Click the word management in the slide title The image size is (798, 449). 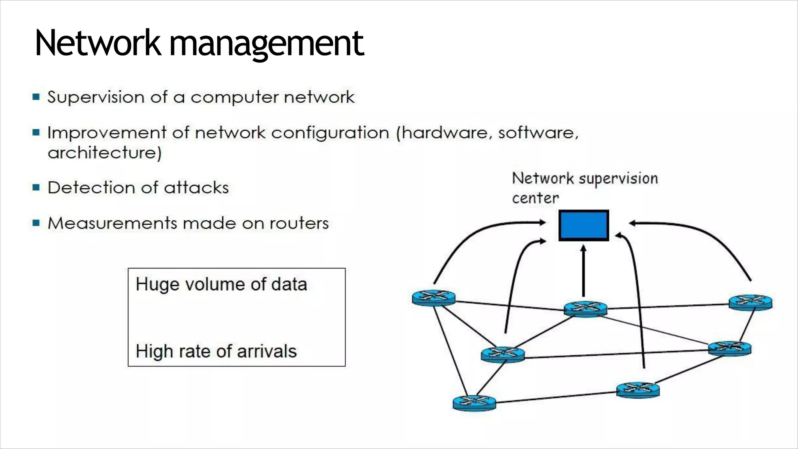(x=267, y=44)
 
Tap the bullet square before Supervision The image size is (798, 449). (x=36, y=97)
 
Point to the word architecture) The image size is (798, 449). (x=104, y=153)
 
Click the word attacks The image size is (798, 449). (x=196, y=188)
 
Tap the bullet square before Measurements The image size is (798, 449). (x=36, y=223)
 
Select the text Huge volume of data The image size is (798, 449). (x=221, y=284)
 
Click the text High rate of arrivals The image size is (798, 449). (x=216, y=351)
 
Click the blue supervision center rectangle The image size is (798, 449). (x=583, y=225)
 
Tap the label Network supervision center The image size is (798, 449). (x=584, y=187)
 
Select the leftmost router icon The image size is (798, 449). (x=433, y=298)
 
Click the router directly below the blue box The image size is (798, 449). (x=585, y=309)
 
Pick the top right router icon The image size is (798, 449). (x=750, y=302)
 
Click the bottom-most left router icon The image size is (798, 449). (x=474, y=403)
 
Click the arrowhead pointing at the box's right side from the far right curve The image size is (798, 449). (x=633, y=223)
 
